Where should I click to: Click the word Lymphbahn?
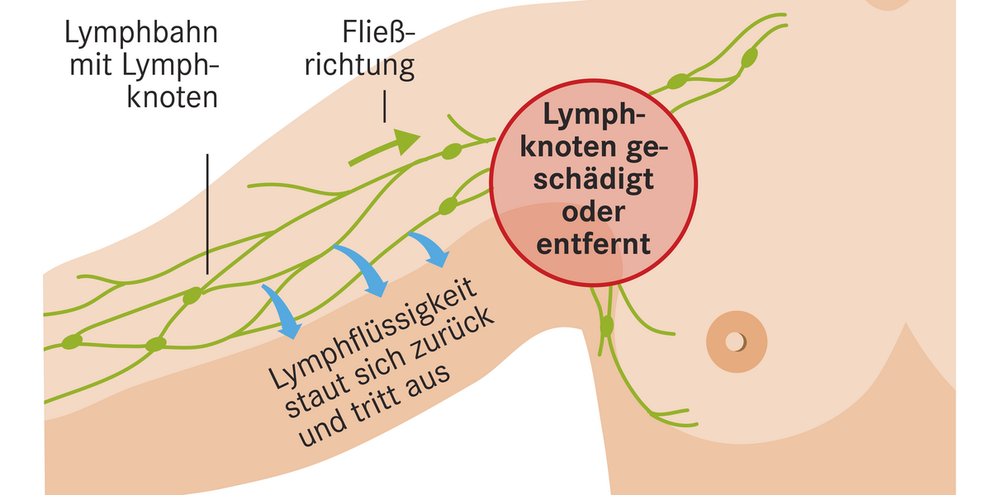click(141, 34)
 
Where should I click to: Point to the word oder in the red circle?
click(593, 211)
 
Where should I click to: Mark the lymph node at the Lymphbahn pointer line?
click(192, 295)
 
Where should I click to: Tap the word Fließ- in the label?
click(379, 34)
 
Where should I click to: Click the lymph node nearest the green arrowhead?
click(452, 151)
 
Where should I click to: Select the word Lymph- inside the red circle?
click(593, 114)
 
